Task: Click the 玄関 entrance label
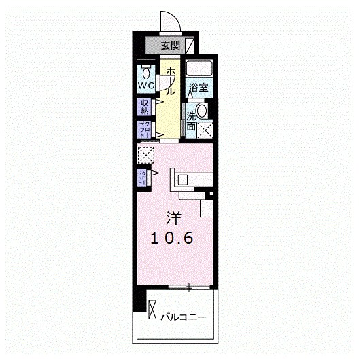171,46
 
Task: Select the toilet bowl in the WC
146,71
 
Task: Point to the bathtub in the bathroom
199,69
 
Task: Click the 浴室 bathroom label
198,87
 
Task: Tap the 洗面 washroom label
192,121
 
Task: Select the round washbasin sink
201,111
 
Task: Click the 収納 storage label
145,107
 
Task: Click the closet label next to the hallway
145,128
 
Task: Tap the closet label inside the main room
143,178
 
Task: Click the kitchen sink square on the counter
184,178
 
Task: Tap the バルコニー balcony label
184,316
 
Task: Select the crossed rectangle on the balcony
153,309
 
